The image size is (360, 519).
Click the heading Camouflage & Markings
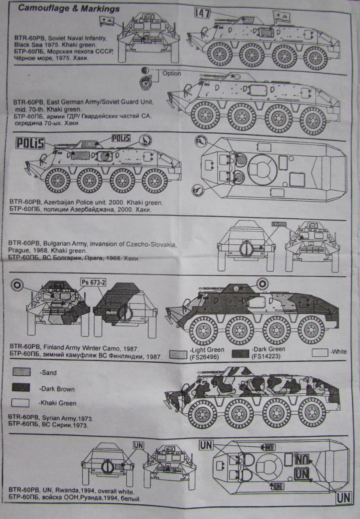click(68, 9)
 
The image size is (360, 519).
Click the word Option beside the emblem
click(172, 73)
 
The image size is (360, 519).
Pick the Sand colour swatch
click(21, 372)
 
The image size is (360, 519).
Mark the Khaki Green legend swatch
click(21, 403)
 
